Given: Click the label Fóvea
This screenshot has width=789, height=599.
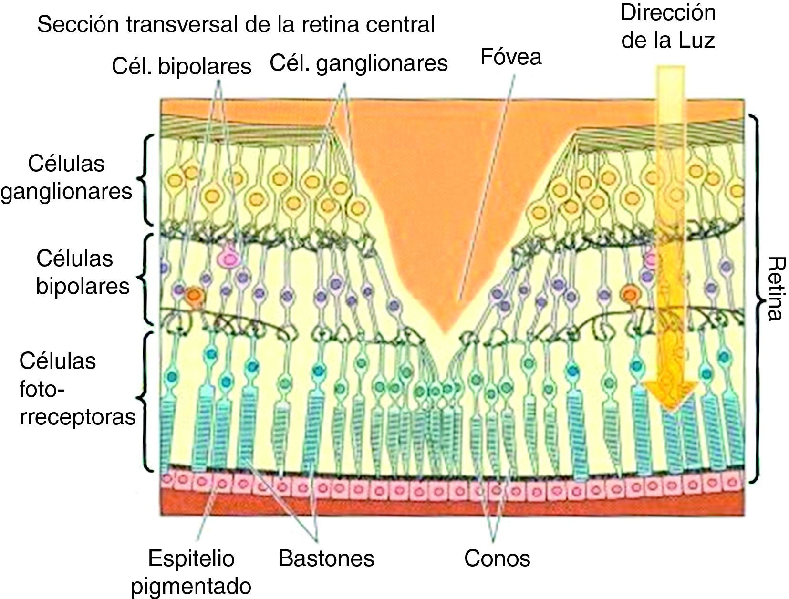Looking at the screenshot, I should [x=510, y=57].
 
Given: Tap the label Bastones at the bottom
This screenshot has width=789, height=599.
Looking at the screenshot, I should [x=326, y=558].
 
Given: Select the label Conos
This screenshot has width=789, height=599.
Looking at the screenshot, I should [x=497, y=558].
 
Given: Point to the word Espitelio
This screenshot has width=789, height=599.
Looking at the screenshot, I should [x=191, y=558].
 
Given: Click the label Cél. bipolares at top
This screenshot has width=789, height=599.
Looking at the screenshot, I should [x=181, y=67].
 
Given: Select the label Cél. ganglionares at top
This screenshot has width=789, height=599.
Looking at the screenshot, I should [x=359, y=63].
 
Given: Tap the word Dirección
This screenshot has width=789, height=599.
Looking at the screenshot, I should [x=668, y=13].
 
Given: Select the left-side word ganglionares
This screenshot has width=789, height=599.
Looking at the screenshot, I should [x=67, y=192].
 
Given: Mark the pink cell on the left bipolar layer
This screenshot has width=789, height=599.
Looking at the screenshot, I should [x=229, y=258].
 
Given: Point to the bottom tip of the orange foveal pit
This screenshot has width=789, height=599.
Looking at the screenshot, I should [x=444, y=331].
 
